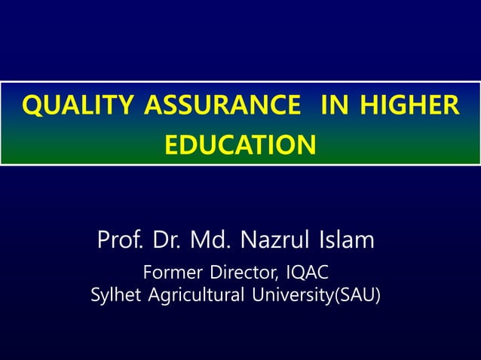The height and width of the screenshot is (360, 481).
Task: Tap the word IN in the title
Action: pyautogui.click(x=335, y=105)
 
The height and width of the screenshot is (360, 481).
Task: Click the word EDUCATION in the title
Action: pyautogui.click(x=240, y=144)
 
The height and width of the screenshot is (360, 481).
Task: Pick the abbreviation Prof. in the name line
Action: pyautogui.click(x=121, y=241)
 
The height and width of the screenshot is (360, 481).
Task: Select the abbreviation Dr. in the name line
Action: pyautogui.click(x=167, y=241)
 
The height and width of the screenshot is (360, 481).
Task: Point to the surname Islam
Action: pyautogui.click(x=345, y=241)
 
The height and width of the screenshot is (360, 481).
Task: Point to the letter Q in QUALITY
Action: pyautogui.click(x=32, y=106)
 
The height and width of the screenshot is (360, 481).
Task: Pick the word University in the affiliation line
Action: pyautogui.click(x=290, y=295)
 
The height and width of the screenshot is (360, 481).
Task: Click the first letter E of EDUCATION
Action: pyautogui.click(x=172, y=144)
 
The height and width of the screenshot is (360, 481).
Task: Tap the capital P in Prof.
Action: pyautogui.click(x=103, y=241)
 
